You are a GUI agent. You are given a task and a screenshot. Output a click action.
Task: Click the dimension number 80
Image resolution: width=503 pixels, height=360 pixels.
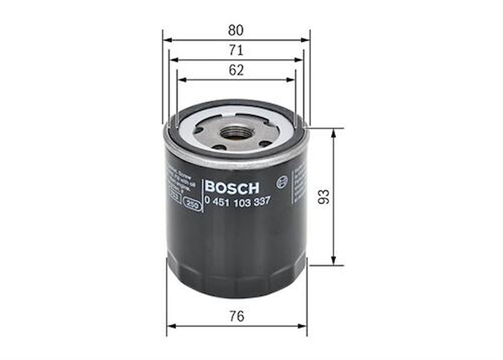pyautogui.click(x=236, y=31)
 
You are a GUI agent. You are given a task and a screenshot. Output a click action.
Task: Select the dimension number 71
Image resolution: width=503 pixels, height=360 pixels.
pyautogui.click(x=236, y=50)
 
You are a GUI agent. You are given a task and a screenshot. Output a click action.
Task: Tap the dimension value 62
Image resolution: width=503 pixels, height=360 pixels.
pyautogui.click(x=236, y=70)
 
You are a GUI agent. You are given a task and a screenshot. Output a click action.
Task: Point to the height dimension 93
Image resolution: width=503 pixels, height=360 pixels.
pyautogui.click(x=325, y=197)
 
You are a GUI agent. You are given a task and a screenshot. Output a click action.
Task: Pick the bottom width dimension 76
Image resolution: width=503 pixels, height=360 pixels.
pyautogui.click(x=236, y=316)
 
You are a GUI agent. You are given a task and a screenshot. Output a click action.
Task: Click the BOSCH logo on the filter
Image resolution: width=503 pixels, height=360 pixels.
pyautogui.click(x=231, y=187)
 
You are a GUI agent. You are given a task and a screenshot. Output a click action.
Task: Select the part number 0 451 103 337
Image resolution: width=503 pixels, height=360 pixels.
pyautogui.click(x=237, y=202)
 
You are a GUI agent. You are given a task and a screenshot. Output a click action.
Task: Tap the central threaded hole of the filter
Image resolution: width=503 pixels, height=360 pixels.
pyautogui.click(x=236, y=134)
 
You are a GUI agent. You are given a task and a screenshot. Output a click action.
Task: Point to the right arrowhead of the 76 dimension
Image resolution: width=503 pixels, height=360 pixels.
pyautogui.click(x=303, y=326)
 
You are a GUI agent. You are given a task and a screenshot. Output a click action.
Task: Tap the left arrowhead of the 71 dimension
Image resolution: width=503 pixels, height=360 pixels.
pyautogui.click(x=173, y=60)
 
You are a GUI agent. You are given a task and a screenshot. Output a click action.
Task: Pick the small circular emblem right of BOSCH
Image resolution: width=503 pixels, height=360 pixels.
pyautogui.click(x=282, y=182)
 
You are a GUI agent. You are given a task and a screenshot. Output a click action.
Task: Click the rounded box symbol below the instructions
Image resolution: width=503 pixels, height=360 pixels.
pyautogui.click(x=192, y=204)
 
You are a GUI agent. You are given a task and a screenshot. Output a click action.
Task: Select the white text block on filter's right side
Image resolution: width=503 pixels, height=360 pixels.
pyautogui.click(x=298, y=184)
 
